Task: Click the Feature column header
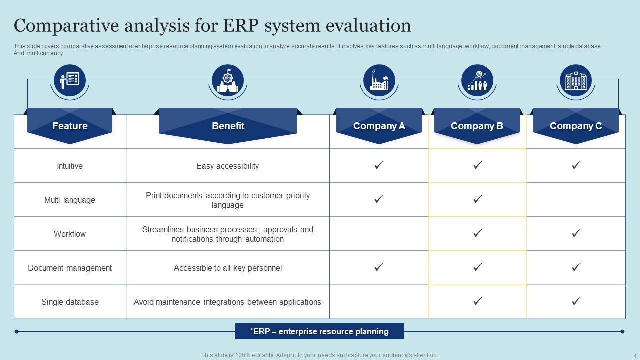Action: (x=70, y=126)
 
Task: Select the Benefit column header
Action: (x=228, y=126)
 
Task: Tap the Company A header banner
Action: (x=379, y=126)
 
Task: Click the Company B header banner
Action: (x=477, y=126)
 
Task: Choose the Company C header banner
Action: (x=576, y=126)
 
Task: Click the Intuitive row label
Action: (x=70, y=166)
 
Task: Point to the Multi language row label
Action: (x=70, y=200)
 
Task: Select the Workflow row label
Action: (x=70, y=234)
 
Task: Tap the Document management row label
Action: (x=70, y=268)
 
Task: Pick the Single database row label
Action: (x=70, y=302)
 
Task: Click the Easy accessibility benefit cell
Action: (x=228, y=166)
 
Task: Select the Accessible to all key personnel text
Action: (x=228, y=268)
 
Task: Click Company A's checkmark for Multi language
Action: (x=379, y=199)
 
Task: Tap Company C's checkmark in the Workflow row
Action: (x=576, y=233)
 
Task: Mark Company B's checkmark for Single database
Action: (x=477, y=301)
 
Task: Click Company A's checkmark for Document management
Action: (x=379, y=267)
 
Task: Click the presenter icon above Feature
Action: (x=70, y=80)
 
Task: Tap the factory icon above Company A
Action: (x=379, y=80)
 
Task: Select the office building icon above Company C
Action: (x=575, y=80)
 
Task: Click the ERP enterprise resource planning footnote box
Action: (x=319, y=331)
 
